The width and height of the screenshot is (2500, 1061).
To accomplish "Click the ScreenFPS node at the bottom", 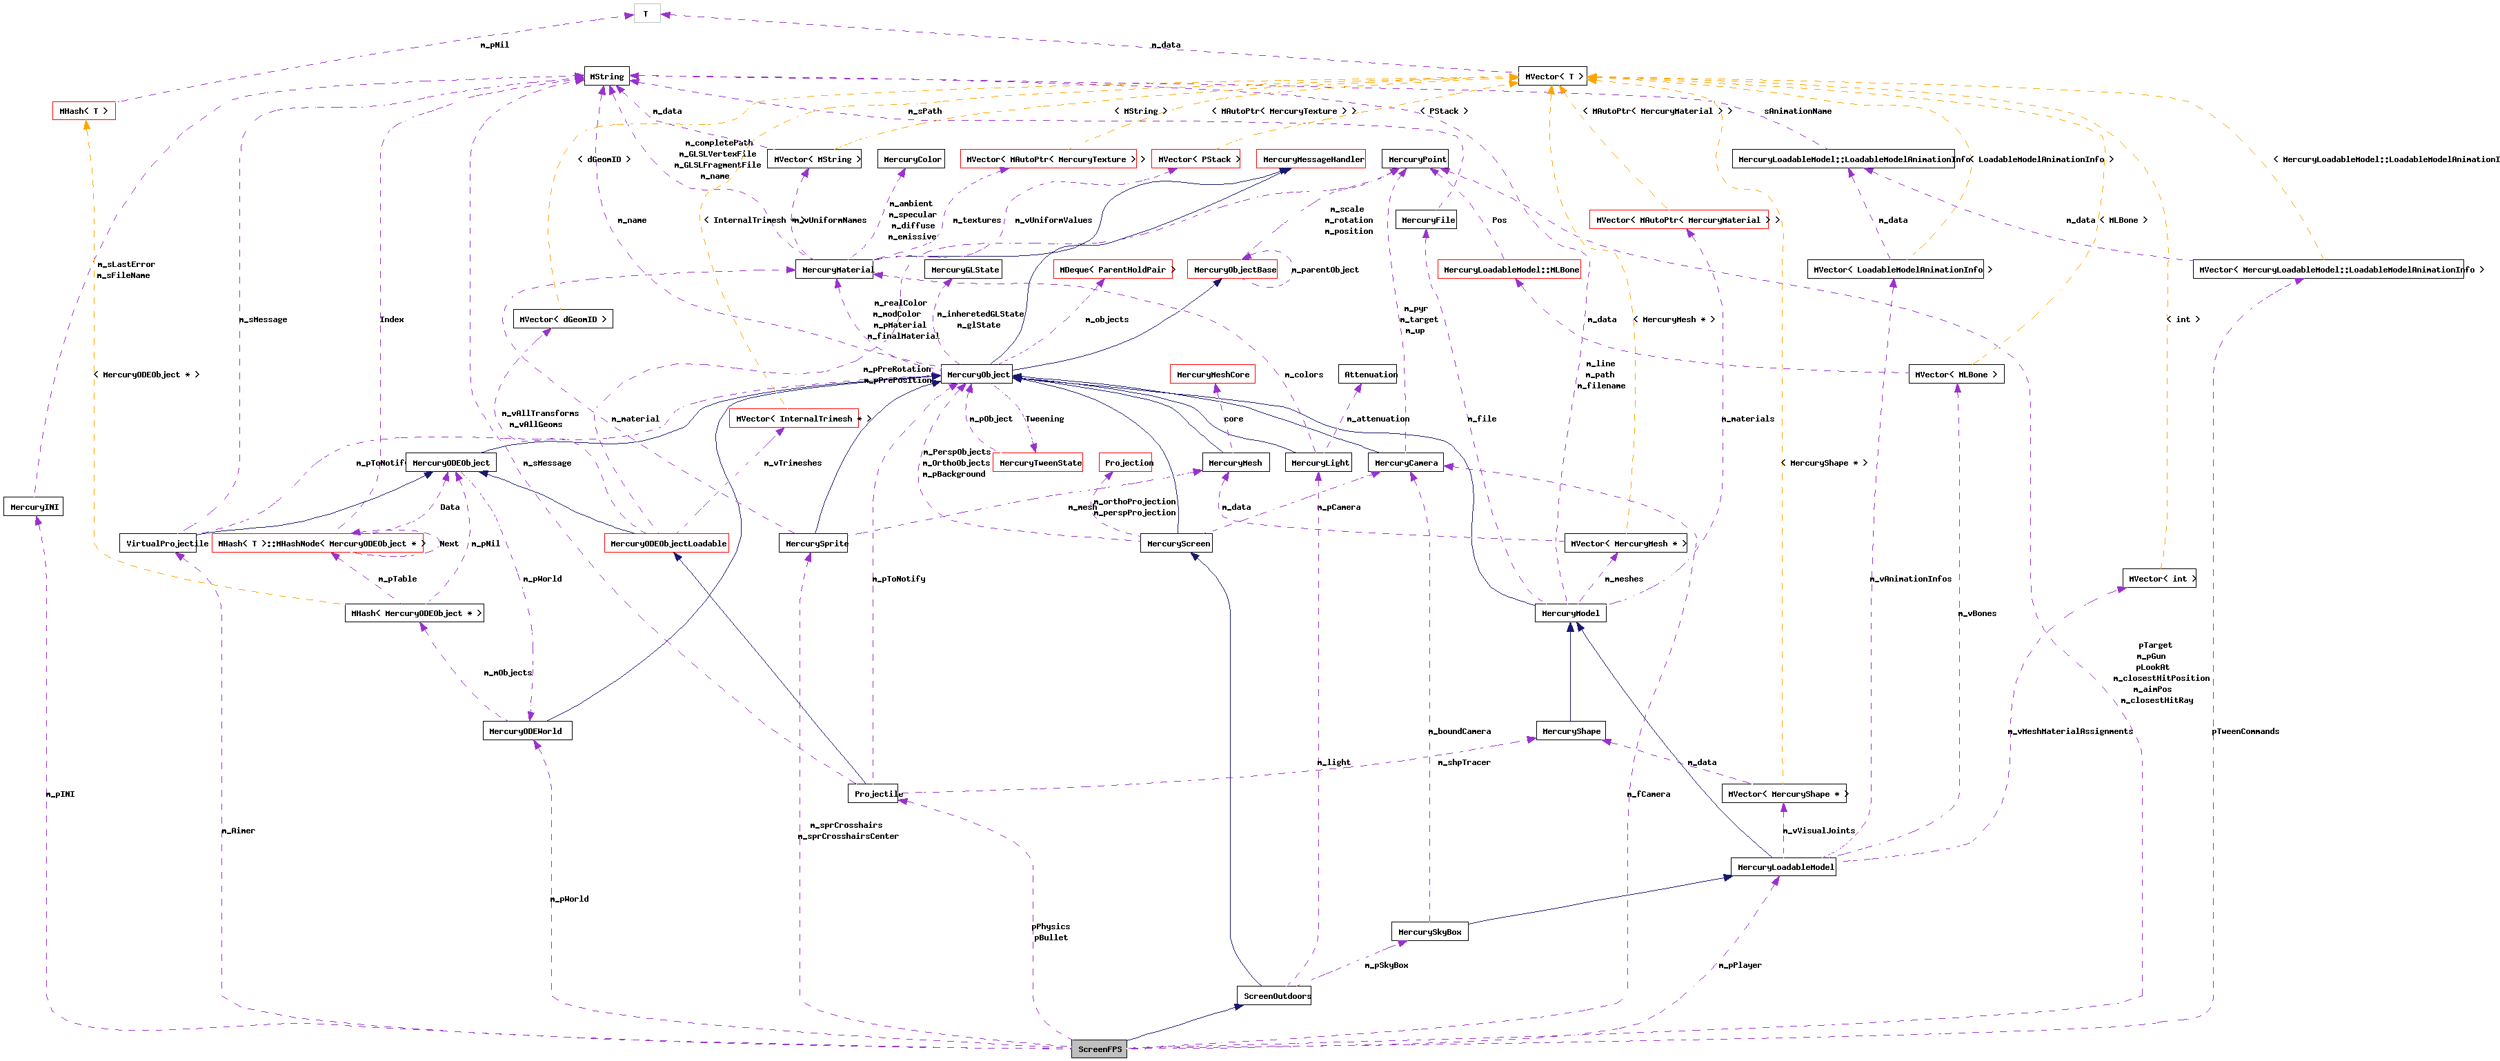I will pos(1099,1049).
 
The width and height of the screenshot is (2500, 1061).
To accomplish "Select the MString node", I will pos(606,77).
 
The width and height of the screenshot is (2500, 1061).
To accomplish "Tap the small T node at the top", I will pos(646,14).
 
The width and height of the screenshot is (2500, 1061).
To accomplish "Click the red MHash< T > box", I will pos(83,110).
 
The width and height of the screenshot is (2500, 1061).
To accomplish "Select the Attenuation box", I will pos(1369,375).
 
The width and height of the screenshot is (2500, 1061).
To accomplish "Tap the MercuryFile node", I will pos(1427,220).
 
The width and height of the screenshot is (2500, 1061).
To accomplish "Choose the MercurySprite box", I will pos(813,544).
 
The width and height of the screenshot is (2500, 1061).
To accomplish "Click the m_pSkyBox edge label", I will pos(1386,965).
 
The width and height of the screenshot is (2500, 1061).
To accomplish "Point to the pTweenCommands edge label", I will pos(2245,731).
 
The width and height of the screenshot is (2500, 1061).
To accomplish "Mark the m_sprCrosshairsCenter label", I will pos(849,837).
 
